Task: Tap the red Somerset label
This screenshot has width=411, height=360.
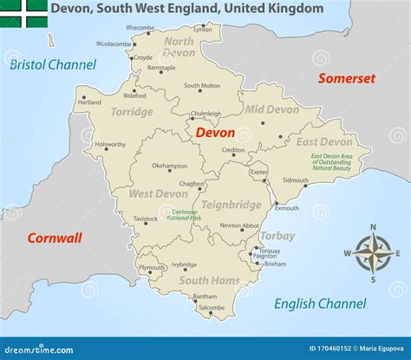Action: coord(346,78)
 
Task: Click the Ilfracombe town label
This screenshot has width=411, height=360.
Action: coord(140,28)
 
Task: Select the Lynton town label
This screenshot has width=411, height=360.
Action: coord(203,29)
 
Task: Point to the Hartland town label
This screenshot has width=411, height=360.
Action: coord(89,102)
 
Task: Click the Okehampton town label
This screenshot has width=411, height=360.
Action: coord(169,166)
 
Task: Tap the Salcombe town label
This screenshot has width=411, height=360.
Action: coord(211,308)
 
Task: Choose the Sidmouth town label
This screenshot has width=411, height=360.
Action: coord(295,180)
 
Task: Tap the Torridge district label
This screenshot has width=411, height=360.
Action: coord(131,112)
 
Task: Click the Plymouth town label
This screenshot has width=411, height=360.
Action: coord(152,268)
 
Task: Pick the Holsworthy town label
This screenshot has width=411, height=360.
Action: coord(110,145)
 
